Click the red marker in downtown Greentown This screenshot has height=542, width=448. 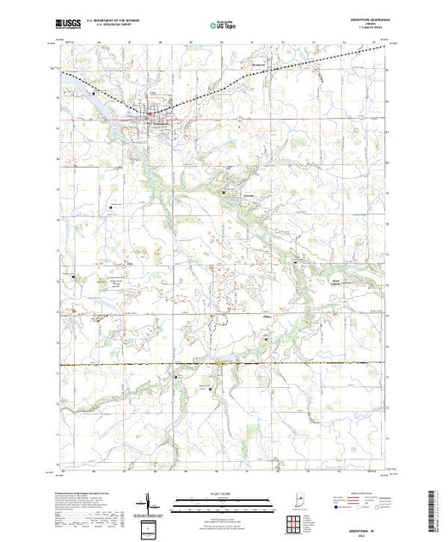pyautogui.click(x=148, y=113)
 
